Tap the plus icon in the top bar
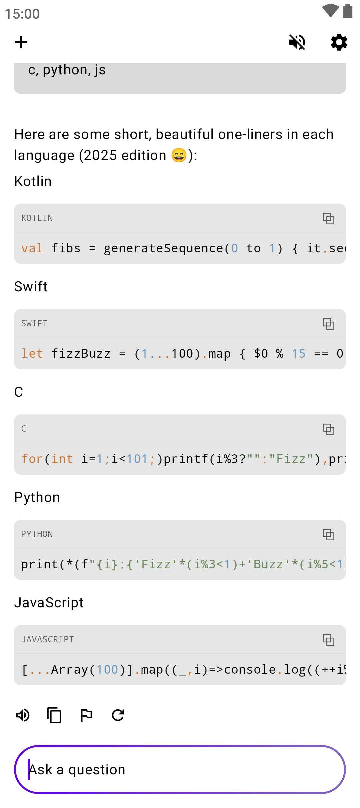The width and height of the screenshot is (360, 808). (x=21, y=42)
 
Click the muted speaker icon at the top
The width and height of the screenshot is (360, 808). (x=297, y=42)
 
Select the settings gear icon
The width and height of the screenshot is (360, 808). (x=339, y=42)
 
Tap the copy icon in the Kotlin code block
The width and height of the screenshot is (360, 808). (x=328, y=219)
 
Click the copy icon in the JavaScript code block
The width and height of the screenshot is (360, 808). (x=328, y=640)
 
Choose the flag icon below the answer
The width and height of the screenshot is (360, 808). (x=86, y=715)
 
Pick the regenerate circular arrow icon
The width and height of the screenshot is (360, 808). (x=118, y=715)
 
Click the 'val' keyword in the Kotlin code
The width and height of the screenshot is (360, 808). (x=32, y=248)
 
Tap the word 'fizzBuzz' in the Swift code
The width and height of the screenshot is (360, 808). (x=81, y=354)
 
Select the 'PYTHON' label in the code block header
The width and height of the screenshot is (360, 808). (x=37, y=534)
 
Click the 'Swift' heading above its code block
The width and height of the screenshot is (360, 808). (x=31, y=287)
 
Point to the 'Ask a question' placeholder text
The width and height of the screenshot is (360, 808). (x=77, y=770)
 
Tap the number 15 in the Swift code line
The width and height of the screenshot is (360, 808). (x=299, y=354)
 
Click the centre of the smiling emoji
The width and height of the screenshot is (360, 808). (x=179, y=155)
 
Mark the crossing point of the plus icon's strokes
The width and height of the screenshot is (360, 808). (x=21, y=42)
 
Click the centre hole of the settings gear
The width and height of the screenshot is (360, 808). (x=339, y=42)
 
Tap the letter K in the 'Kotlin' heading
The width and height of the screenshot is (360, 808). (x=19, y=181)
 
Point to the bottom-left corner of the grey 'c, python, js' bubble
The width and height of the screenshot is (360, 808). (x=14, y=94)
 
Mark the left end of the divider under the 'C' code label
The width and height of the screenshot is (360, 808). (x=14, y=443)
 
